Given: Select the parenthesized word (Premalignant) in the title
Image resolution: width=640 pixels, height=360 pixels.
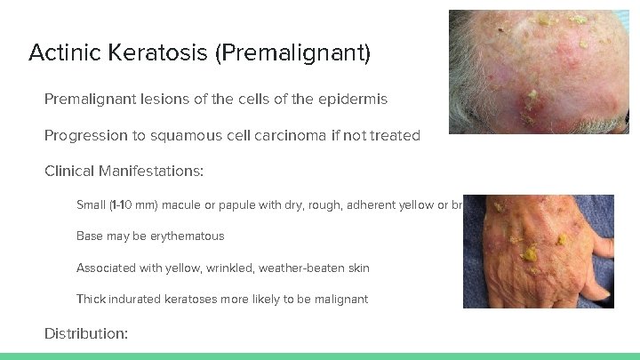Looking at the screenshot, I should point(293,53).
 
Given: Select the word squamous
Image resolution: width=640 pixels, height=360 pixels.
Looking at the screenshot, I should point(220,137).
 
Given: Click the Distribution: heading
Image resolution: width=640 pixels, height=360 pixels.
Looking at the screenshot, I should point(86,333).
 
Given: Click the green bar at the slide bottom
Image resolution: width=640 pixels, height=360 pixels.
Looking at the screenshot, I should point(320,356).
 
